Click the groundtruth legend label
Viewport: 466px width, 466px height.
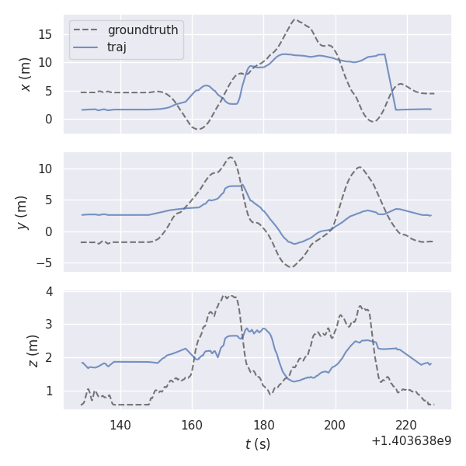click(143, 30)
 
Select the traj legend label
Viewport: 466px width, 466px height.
click(116, 47)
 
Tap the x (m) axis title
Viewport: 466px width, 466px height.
click(26, 74)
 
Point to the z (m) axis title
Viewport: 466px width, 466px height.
click(33, 350)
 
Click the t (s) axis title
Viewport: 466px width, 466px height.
click(258, 443)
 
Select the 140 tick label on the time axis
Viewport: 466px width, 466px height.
click(120, 425)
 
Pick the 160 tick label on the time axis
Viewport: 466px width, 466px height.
click(192, 425)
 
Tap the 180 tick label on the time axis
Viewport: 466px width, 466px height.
click(263, 425)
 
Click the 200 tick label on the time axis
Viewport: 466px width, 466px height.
click(335, 425)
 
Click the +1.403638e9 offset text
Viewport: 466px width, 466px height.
click(411, 440)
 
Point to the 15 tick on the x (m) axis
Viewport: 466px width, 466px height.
click(46, 34)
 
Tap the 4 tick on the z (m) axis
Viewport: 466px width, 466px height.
click(49, 292)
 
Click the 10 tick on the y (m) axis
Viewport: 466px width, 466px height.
click(46, 169)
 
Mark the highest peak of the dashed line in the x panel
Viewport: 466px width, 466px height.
click(295, 19)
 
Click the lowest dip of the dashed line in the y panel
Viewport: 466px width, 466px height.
click(291, 266)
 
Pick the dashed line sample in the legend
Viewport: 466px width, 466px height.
click(86, 30)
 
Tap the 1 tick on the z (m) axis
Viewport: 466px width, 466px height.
click(49, 391)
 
